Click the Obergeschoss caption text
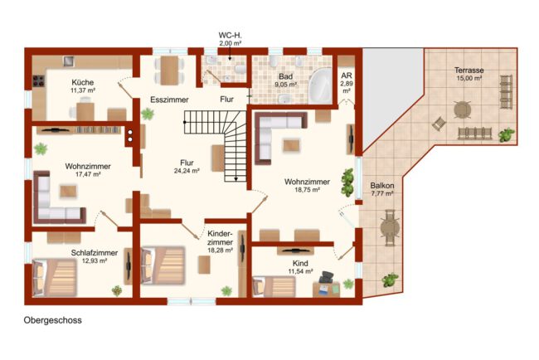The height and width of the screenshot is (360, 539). [x=52, y=320]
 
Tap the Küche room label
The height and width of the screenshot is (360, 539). [x=82, y=82]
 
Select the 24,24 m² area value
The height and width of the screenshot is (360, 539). [x=187, y=171]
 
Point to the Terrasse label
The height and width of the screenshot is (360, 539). [x=469, y=71]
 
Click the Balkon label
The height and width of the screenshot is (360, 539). [x=382, y=186]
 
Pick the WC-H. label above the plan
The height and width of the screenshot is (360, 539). [x=230, y=35]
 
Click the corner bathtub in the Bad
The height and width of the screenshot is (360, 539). [x=320, y=85]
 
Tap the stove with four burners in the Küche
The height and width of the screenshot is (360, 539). [x=38, y=81]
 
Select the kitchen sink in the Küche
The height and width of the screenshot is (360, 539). [x=69, y=61]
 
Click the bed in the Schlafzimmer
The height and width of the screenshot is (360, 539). [x=54, y=278]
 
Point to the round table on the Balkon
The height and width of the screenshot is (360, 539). [x=391, y=227]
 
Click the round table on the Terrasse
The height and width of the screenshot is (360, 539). [x=463, y=110]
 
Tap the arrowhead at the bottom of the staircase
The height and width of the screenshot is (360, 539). [x=236, y=179]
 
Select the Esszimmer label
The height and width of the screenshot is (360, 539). [x=169, y=100]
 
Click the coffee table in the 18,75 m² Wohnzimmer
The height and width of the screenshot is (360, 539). [x=292, y=145]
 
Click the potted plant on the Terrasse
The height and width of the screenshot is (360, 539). [x=507, y=134]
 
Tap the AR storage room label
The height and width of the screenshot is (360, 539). [x=347, y=75]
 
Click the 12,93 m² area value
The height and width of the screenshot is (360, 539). [x=95, y=261]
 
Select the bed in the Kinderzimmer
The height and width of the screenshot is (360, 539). [x=163, y=265]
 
